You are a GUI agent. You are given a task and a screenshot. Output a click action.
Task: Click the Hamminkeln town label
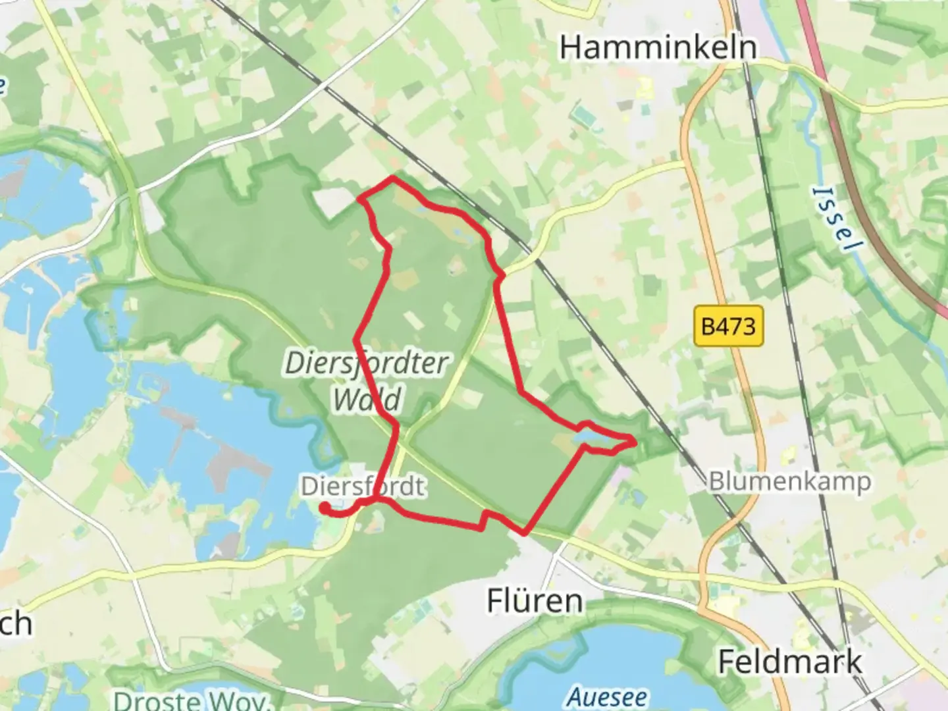(658, 47)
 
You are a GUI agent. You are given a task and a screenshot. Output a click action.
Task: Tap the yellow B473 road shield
(729, 326)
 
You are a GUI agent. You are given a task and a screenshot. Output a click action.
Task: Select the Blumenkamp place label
(789, 481)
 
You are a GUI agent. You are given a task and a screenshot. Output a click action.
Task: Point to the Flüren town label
(535, 601)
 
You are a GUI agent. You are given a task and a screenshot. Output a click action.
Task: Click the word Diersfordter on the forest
(366, 363)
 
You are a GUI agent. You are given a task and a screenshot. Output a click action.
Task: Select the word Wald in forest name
(367, 399)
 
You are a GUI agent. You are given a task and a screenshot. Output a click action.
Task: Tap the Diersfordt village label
(363, 487)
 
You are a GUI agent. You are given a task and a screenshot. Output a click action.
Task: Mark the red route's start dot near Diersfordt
(325, 507)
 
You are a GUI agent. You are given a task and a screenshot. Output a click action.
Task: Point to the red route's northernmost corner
(394, 178)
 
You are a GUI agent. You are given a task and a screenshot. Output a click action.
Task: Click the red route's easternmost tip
(635, 441)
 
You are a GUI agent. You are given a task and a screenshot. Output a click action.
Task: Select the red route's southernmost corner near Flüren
(525, 532)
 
